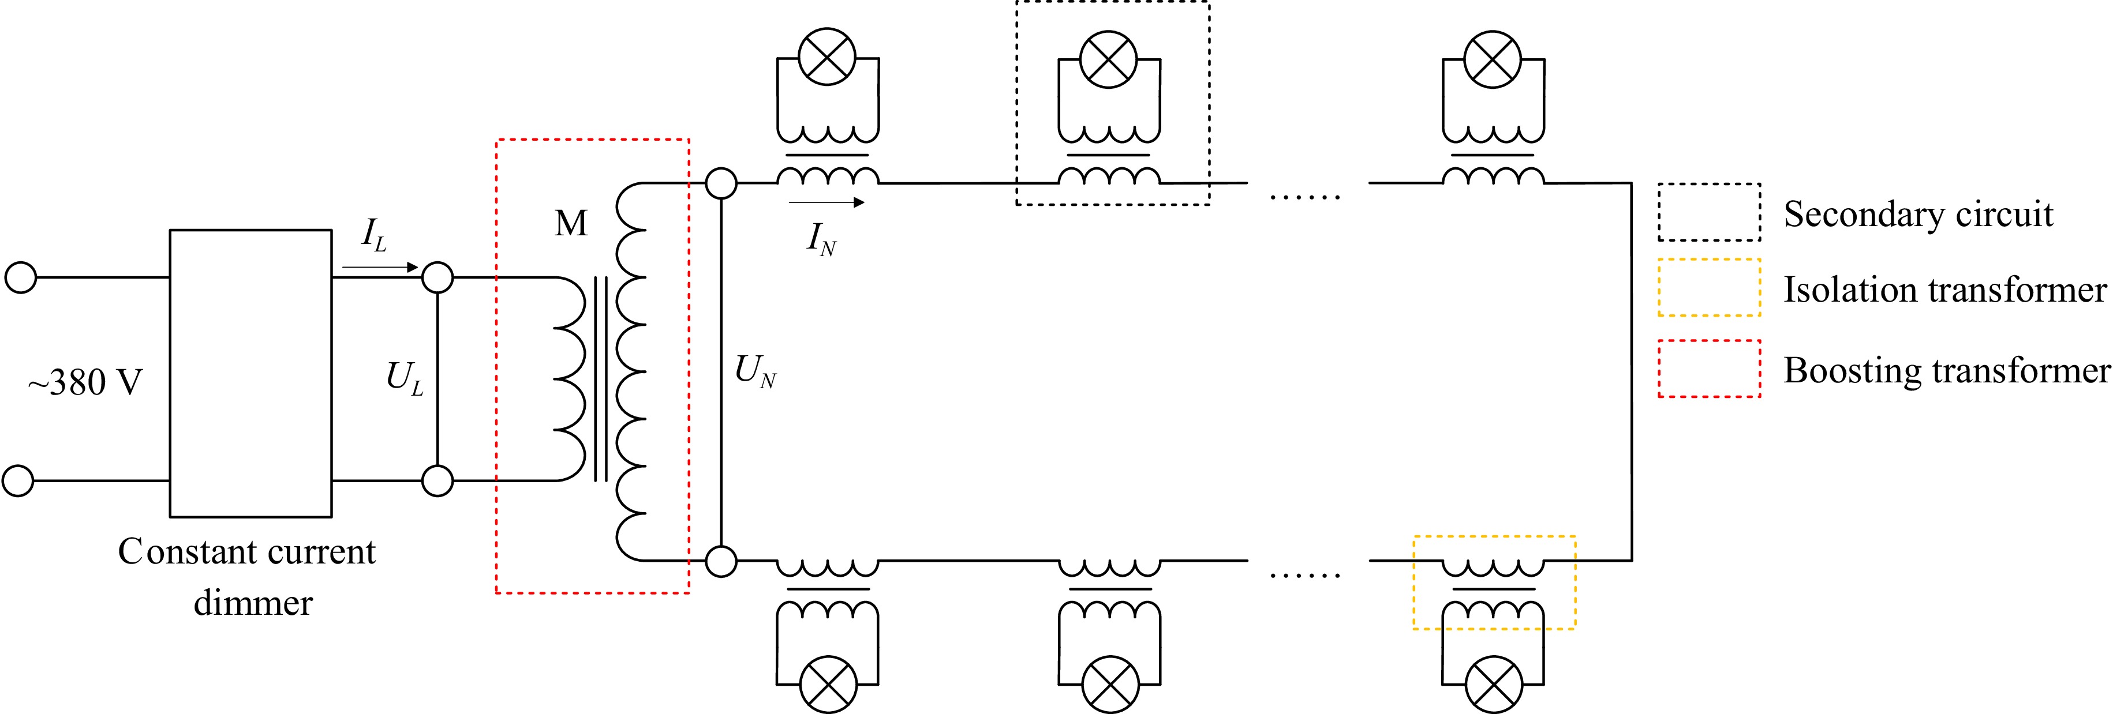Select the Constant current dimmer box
(250, 373)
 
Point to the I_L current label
(374, 236)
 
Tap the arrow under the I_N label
(826, 202)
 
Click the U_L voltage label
(405, 379)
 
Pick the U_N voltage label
(756, 372)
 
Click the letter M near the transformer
(571, 223)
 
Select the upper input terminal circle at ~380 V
(21, 277)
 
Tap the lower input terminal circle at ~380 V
(18, 480)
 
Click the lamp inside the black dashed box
(1109, 59)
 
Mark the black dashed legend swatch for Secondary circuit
(1708, 212)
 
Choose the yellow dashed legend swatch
(1708, 288)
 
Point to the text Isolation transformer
(1944, 290)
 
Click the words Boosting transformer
(1946, 370)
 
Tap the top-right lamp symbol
(1493, 59)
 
